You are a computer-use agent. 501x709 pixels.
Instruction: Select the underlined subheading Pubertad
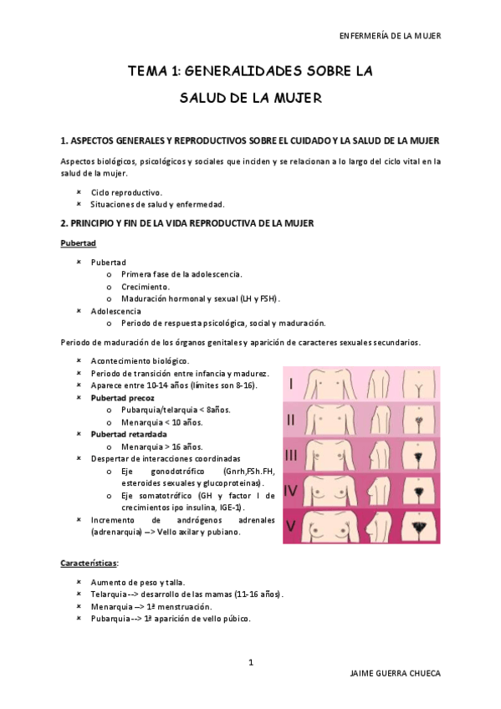(x=79, y=242)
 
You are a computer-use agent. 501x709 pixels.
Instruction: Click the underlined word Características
(x=89, y=563)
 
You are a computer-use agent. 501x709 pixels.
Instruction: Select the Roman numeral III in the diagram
(x=291, y=455)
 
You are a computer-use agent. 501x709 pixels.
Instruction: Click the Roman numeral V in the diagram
(x=291, y=526)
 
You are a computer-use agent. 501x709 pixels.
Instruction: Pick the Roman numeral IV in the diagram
(x=291, y=491)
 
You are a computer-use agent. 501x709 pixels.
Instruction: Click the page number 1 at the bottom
(x=251, y=662)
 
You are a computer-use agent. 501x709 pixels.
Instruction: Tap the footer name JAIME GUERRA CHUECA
(x=393, y=674)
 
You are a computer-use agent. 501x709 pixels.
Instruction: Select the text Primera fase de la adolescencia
(x=181, y=274)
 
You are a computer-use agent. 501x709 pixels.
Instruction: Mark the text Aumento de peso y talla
(x=138, y=582)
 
